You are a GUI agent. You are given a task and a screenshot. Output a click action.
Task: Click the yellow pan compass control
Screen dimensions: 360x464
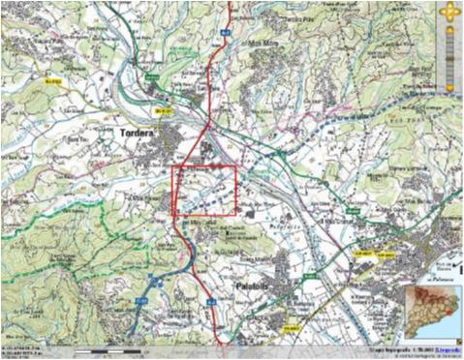click(x=449, y=13)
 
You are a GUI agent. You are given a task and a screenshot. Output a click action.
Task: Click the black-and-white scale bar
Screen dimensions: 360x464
click(x=107, y=347)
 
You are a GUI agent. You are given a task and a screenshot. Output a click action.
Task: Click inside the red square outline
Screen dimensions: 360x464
click(x=204, y=190)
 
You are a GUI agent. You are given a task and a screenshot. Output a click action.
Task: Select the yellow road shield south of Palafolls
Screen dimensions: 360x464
click(x=289, y=328)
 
